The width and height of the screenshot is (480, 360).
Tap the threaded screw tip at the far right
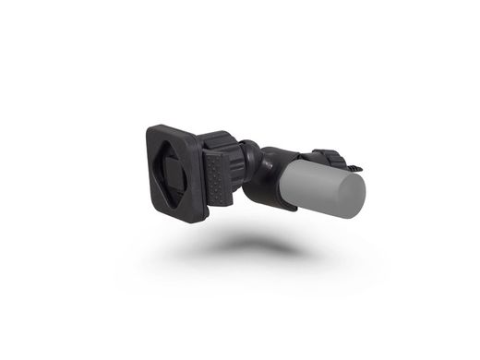(361, 167)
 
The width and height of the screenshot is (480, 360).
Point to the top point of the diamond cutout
(176, 147)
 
